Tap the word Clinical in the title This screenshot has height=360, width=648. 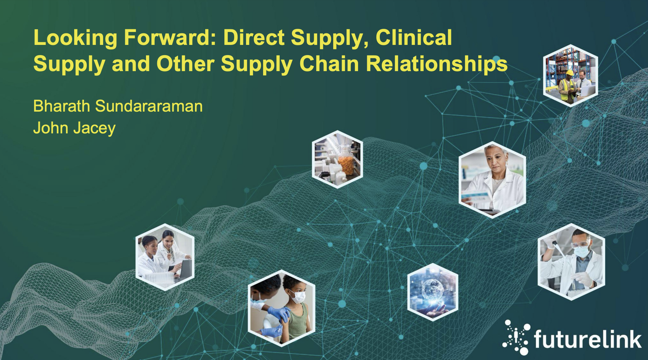[x=414, y=37]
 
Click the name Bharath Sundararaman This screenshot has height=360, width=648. [x=118, y=106]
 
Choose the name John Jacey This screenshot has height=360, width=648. [x=74, y=128]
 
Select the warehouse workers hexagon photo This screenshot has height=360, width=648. [x=570, y=76]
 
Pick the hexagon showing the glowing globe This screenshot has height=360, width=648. [x=433, y=292]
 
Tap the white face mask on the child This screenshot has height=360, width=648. [x=298, y=296]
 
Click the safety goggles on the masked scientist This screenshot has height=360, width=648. [x=581, y=244]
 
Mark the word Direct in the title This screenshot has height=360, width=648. [x=254, y=37]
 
